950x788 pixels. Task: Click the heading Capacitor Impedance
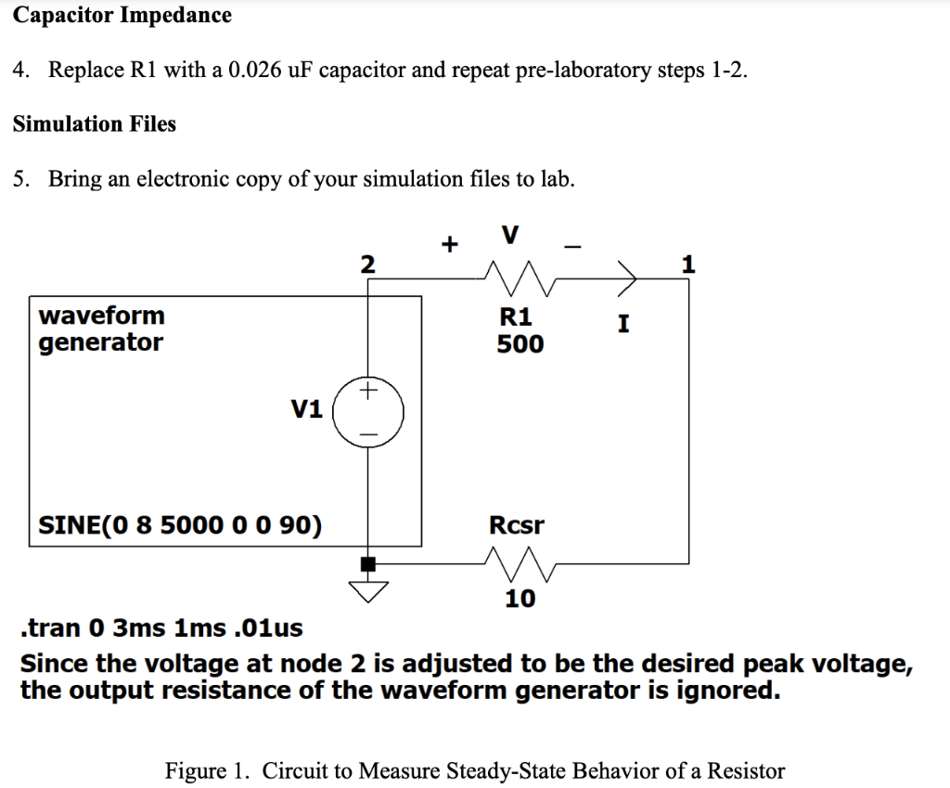(122, 16)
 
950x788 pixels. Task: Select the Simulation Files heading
(94, 124)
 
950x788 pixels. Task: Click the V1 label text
(307, 409)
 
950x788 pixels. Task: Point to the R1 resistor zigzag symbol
(520, 277)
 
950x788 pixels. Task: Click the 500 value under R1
(520, 345)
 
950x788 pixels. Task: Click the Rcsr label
(517, 525)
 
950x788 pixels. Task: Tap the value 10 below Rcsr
(520, 599)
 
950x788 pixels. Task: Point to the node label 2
(367, 265)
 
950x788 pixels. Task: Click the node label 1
(687, 265)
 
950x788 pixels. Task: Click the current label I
(623, 325)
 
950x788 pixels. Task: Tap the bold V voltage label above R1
(509, 235)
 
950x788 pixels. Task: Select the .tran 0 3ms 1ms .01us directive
(160, 628)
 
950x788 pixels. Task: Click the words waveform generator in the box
(101, 329)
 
